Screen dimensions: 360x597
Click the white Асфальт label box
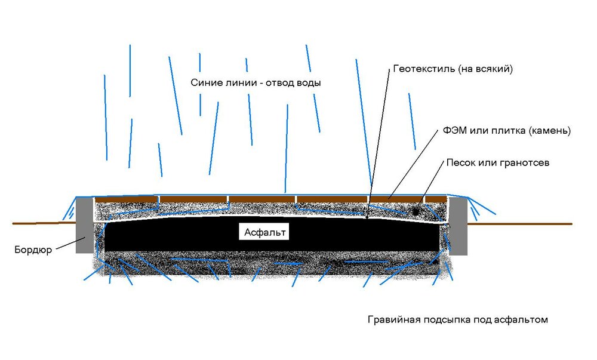pos(266,232)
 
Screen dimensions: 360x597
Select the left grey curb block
pos(84,225)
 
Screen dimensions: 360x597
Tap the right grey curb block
pos(458,225)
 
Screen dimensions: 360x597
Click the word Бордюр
pos(33,250)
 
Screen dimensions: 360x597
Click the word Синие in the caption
pos(205,83)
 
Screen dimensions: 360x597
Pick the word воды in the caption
pos(309,83)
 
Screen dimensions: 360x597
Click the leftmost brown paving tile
pos(126,199)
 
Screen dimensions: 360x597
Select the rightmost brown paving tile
pos(436,199)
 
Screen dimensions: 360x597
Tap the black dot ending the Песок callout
pos(415,211)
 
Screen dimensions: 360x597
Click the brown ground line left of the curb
pos(42,223)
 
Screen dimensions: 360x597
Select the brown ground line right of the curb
pos(519,224)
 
